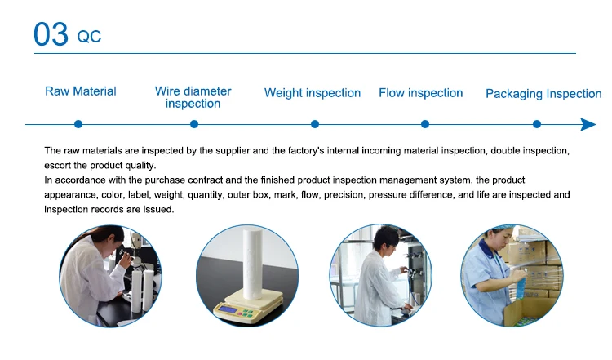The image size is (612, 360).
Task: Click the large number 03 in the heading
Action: [51, 34]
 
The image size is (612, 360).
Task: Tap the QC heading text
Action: [89, 37]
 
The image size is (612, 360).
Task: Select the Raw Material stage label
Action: [81, 91]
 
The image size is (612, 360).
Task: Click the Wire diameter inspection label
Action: [193, 97]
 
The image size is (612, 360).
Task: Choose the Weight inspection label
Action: [313, 93]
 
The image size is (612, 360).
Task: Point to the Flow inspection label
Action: [421, 93]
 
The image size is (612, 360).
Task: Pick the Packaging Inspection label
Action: [543, 94]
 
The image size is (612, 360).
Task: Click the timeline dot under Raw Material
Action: [78, 124]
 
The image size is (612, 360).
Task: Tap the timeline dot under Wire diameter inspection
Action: [194, 124]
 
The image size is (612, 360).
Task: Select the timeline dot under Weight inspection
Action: [315, 124]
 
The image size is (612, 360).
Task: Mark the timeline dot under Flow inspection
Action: [425, 124]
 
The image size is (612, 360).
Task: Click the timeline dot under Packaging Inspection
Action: [537, 124]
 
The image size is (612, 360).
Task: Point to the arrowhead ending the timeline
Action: [588, 125]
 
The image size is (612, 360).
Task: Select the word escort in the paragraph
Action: [57, 166]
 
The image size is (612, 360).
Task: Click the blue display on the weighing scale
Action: [228, 310]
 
